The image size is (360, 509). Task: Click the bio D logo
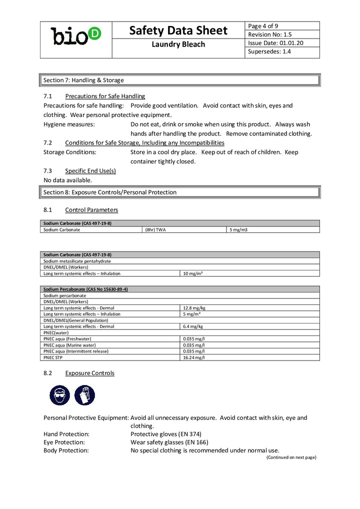pos(76,36)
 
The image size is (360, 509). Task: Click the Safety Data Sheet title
pos(178,30)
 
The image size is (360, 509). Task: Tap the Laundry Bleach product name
pos(178,44)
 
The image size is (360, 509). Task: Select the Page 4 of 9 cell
pos(263,26)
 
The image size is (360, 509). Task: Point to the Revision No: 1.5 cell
pos(269,34)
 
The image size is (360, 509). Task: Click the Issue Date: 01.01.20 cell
pos(275,43)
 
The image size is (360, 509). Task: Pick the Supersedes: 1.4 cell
pos(269,51)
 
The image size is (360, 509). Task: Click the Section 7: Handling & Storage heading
pos(83,80)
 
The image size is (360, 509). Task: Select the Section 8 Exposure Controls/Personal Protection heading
pos(110,192)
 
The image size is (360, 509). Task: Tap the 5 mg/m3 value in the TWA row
pos(238,230)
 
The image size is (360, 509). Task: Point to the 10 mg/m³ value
pos(192,273)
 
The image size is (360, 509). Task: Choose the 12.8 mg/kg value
pos(194,308)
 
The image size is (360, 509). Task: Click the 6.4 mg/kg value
pos(193,326)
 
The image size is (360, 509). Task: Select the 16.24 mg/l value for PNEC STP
pos(194,357)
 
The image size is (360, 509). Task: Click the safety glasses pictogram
pos(60,395)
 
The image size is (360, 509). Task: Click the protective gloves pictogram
pos(84,395)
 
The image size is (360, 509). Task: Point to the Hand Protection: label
pos(66,434)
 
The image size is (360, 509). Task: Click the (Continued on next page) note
pos(291,457)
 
